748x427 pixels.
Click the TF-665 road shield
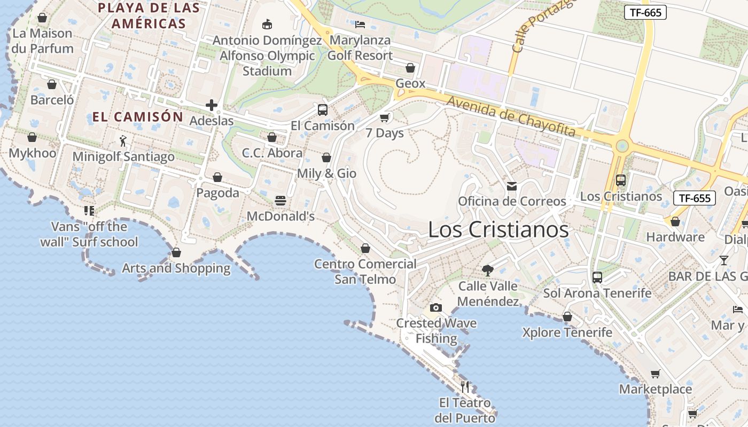point(645,12)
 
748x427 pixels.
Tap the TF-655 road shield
point(694,198)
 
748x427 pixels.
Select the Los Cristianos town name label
point(498,230)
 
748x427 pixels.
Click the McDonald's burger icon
point(280,201)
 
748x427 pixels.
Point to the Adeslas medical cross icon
point(212,105)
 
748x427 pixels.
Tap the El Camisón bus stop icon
point(323,110)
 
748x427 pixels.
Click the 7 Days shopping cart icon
point(384,117)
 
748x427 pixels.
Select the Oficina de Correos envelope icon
point(512,186)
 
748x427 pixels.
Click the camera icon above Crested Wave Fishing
point(436,307)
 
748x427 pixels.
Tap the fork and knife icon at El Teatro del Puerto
point(465,386)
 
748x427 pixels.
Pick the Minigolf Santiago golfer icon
point(123,141)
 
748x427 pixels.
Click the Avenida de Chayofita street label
point(511,116)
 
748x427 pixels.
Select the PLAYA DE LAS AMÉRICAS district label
point(149,15)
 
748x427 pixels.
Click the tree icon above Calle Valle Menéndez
point(487,271)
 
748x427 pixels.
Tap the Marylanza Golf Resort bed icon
point(360,25)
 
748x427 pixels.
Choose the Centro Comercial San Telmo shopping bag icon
point(365,248)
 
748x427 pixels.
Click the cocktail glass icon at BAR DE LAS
point(723,260)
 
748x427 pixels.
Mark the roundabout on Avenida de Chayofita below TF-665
point(622,146)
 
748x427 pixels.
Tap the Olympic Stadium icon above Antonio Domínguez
point(267,25)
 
